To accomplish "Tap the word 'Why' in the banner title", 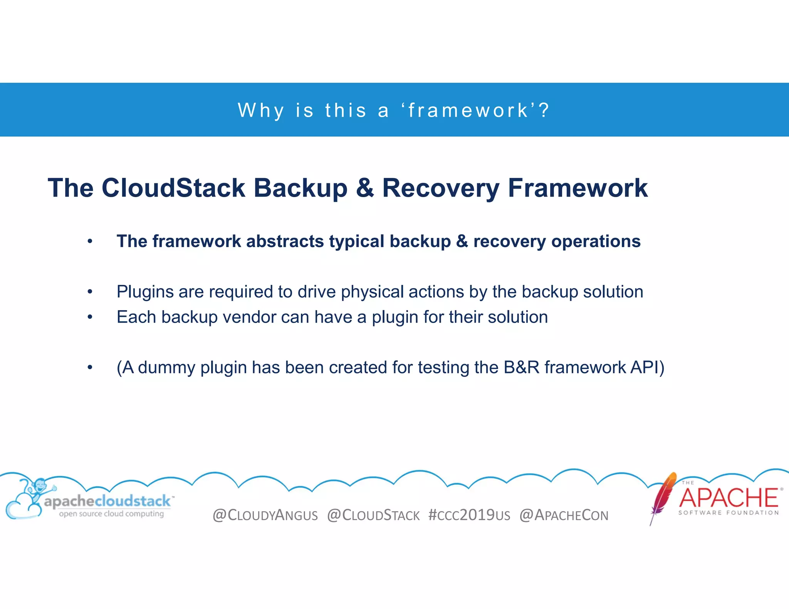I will point(261,111).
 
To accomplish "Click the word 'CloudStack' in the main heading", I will point(173,188).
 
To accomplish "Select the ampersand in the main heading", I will point(364,188).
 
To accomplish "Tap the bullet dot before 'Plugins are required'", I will point(90,292).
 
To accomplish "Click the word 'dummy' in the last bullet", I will point(166,368).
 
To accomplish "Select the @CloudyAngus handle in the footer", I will point(265,515).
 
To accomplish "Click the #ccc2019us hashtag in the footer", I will point(469,515).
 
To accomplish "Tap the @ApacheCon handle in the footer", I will point(564,515).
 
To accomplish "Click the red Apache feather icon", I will point(663,497).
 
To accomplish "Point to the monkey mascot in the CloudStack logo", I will point(39,489).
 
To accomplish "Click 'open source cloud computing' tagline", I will point(111,514).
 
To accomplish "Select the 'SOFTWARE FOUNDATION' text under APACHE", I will point(729,513).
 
